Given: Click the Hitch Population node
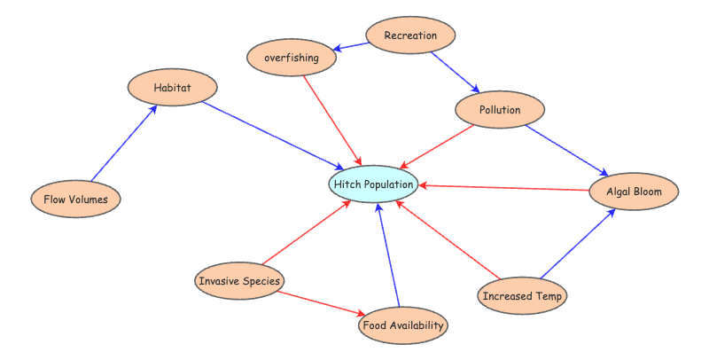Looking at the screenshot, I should pos(373,184).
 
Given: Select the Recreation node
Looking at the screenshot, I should pos(410,35).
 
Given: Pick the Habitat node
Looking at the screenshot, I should pos(172,88).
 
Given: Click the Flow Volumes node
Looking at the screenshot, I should pos(75,200).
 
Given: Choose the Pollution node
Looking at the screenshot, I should pos(499,110).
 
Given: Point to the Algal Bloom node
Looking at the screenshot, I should pos(635,191).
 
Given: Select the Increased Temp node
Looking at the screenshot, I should pos(521,295).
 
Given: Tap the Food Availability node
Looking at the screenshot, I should pos(403,325).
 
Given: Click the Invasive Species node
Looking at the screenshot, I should pos(240,281).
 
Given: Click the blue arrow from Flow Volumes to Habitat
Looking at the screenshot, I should pos(124,143).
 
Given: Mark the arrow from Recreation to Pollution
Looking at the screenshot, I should pos(455,72).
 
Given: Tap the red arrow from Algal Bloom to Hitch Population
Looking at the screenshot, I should pos(505,187).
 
